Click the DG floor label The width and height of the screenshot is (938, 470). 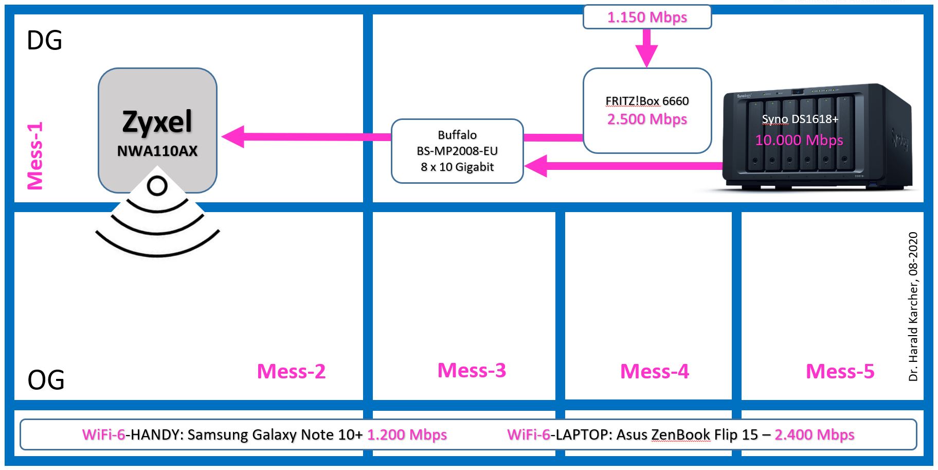[x=44, y=41]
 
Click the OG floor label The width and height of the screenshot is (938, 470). [x=46, y=380]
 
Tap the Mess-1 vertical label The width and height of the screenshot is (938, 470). [x=35, y=156]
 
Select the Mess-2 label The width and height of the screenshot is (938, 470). [x=291, y=371]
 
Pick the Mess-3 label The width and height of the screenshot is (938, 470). [x=472, y=370]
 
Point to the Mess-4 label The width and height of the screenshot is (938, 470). [x=654, y=371]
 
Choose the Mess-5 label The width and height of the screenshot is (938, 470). [x=840, y=371]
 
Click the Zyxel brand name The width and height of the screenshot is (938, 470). [x=157, y=122]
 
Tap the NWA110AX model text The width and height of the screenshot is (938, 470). [x=157, y=151]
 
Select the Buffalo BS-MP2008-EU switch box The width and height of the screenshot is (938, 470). [x=457, y=151]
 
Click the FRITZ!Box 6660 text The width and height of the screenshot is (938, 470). [x=647, y=101]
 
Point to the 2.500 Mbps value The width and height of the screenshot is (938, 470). [x=647, y=119]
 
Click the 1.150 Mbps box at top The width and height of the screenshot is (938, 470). [x=647, y=17]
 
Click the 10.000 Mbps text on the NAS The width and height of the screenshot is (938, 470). [x=799, y=140]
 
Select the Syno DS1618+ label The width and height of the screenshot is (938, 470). [x=800, y=119]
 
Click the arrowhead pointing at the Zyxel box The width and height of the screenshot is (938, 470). [x=233, y=137]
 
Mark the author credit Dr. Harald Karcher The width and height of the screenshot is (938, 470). [x=913, y=306]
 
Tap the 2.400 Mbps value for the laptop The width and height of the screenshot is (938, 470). [x=814, y=434]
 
